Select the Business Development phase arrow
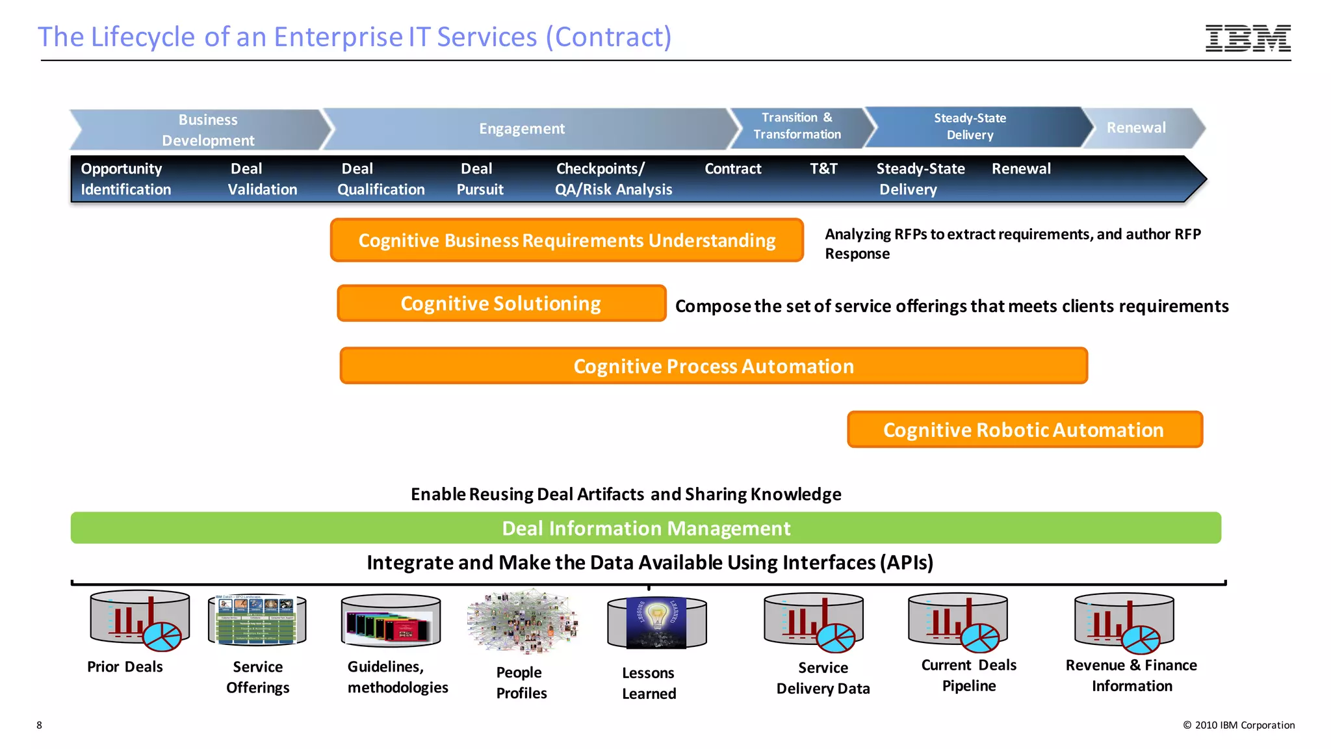tap(201, 129)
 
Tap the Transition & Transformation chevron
tap(797, 126)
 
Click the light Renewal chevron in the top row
tap(1137, 127)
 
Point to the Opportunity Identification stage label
tap(125, 179)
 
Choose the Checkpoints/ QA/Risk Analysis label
tap(613, 179)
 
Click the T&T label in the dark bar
tap(823, 169)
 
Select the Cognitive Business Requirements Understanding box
tap(567, 241)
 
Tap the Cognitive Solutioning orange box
tap(501, 304)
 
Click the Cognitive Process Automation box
tap(714, 366)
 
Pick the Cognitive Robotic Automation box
tap(1024, 430)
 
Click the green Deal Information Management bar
tap(645, 528)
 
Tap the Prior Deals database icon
tap(140, 620)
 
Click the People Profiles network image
tap(522, 622)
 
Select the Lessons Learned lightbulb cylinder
tap(656, 623)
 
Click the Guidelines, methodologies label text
tap(397, 677)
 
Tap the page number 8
tap(40, 725)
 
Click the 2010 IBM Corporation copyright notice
tap(1239, 725)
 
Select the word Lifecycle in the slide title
tap(143, 37)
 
